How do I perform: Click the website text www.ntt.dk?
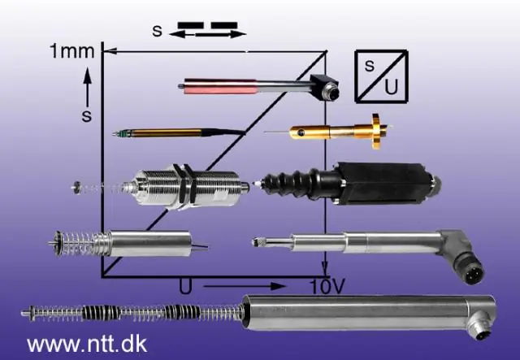click(x=87, y=345)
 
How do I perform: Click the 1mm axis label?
click(x=72, y=51)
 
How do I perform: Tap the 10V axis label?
click(x=327, y=286)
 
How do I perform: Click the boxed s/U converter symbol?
click(x=381, y=76)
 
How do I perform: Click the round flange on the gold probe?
click(x=376, y=132)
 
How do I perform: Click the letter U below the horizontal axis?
click(x=185, y=286)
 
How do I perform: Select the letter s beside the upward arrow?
click(x=87, y=115)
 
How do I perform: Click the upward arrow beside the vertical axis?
click(x=87, y=87)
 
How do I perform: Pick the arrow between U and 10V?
click(x=245, y=286)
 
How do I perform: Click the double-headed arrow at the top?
click(x=208, y=33)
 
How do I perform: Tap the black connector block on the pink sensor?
click(x=325, y=87)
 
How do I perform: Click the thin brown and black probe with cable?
click(x=179, y=133)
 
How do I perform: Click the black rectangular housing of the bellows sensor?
click(x=384, y=183)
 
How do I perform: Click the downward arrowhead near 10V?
click(x=325, y=267)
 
